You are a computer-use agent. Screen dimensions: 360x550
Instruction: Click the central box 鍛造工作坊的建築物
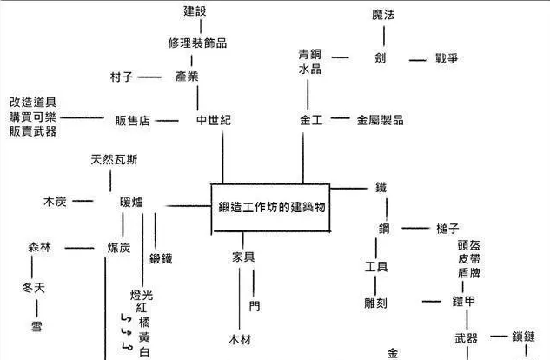pos(271,208)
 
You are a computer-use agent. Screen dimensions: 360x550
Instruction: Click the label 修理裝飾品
pos(197,43)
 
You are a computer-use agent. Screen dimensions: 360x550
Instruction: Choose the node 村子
pos(121,77)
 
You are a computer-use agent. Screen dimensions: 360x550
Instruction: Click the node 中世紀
pos(213,120)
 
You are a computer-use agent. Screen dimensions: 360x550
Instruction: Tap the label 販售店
pos(133,120)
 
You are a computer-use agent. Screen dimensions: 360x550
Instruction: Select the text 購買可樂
pos(33,117)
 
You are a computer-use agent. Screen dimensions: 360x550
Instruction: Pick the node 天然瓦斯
pos(114,160)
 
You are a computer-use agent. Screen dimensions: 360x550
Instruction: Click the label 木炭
pos(55,201)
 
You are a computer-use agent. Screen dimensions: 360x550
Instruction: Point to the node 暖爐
pos(132,202)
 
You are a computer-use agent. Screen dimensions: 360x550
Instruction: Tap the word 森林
pos(40,248)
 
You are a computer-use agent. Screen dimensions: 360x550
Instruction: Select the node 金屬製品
pos(380,120)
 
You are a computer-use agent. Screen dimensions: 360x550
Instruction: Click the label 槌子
pos(447,228)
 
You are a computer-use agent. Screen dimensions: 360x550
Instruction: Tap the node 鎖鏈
pos(530,337)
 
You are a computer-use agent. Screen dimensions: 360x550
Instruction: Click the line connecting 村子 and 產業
pos(151,77)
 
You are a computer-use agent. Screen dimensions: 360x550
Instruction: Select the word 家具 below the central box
pos(242,257)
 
